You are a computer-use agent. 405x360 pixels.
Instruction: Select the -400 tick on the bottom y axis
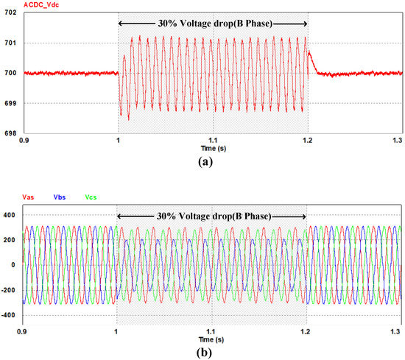pos(10,315)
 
